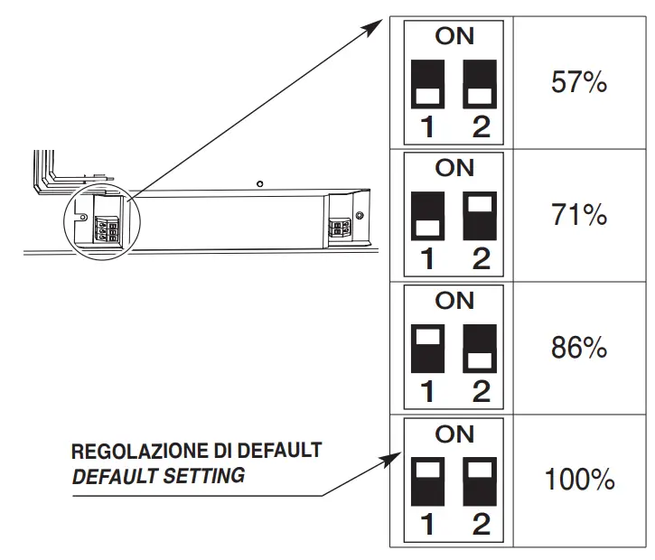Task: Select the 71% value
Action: [578, 215]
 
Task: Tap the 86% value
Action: [578, 348]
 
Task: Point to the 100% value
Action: [578, 480]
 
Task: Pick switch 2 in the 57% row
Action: [481, 84]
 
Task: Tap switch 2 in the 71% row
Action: [481, 215]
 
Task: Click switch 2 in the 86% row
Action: [481, 348]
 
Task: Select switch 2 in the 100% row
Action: [481, 480]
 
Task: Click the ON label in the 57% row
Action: [454, 37]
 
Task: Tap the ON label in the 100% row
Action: [454, 434]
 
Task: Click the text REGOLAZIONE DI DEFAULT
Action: [196, 451]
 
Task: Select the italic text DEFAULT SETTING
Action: [158, 474]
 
